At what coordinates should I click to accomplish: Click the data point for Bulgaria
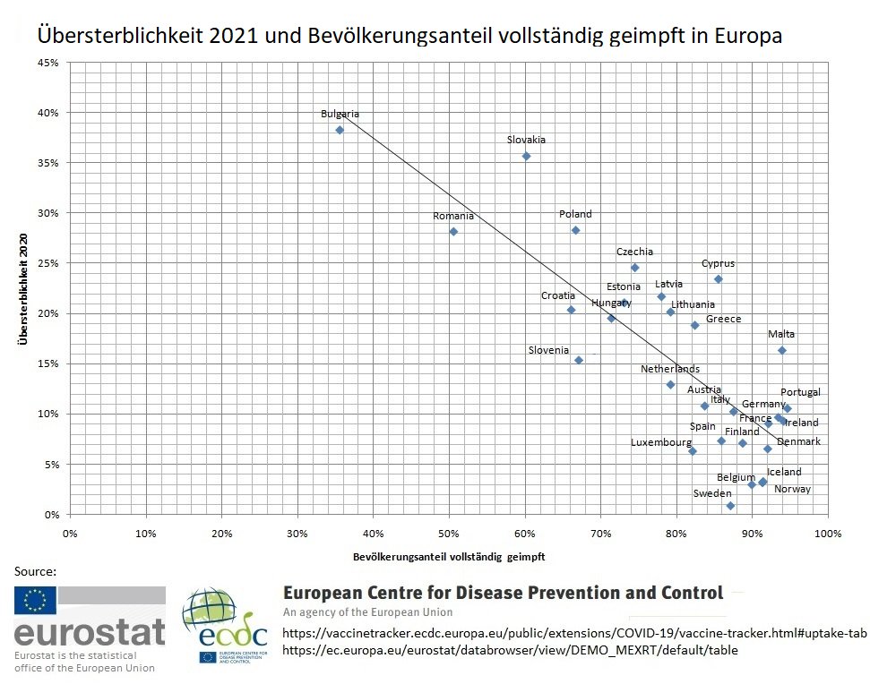click(340, 130)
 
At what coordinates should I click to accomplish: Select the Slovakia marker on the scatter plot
click(526, 156)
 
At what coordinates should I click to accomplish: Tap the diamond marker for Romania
click(453, 231)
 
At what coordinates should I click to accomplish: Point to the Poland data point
click(575, 230)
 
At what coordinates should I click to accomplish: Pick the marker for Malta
click(781, 350)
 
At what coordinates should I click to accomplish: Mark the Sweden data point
click(730, 506)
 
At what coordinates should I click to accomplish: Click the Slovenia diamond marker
click(579, 360)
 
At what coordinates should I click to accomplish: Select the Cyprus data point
click(718, 278)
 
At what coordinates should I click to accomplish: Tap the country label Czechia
click(634, 252)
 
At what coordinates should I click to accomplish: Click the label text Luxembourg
click(660, 442)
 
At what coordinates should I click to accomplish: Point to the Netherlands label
click(670, 369)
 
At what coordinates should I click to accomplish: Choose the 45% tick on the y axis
click(47, 63)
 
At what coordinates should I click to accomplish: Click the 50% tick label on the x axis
click(450, 534)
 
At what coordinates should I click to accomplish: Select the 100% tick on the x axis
click(828, 534)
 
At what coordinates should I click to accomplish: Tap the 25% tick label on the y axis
click(47, 263)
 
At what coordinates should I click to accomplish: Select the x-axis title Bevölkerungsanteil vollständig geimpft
click(450, 556)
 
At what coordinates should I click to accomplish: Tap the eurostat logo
click(89, 628)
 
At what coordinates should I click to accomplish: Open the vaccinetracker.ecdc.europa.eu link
click(574, 633)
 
